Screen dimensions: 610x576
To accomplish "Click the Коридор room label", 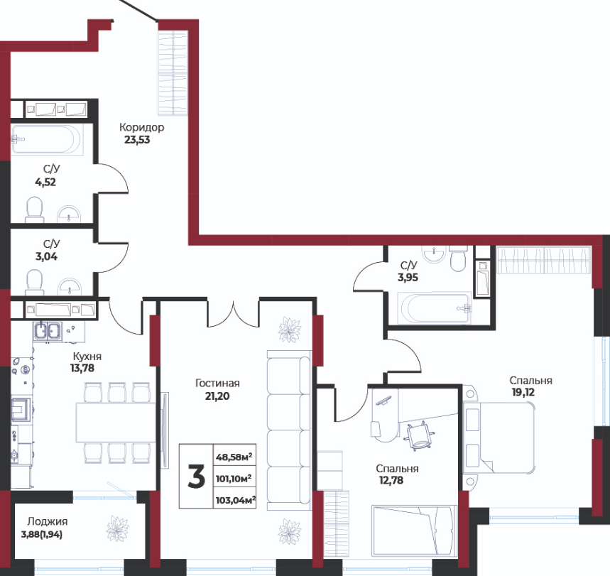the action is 141,127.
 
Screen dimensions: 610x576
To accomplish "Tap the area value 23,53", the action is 137,140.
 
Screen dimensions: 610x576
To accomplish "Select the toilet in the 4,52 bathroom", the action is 34,210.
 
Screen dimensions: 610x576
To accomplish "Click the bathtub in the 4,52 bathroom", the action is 47,140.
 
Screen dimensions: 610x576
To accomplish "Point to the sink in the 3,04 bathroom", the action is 70,287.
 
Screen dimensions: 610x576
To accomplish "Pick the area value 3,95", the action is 408,278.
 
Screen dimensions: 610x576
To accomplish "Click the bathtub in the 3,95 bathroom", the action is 434,308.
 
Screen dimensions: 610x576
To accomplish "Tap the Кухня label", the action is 87,356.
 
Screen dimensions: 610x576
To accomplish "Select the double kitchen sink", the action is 48,331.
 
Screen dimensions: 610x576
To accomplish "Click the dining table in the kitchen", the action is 116,423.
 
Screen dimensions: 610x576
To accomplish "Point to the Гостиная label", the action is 217,383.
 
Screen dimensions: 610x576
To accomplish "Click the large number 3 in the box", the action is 197,477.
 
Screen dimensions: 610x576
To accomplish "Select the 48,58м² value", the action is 234,457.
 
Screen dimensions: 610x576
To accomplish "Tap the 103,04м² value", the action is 235,500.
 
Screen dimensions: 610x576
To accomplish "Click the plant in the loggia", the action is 117,528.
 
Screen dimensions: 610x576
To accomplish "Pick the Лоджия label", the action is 48,521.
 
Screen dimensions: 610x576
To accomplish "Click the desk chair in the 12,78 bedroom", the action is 418,435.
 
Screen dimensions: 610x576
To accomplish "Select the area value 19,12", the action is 523,392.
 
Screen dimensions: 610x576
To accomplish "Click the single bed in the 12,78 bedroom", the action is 414,530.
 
